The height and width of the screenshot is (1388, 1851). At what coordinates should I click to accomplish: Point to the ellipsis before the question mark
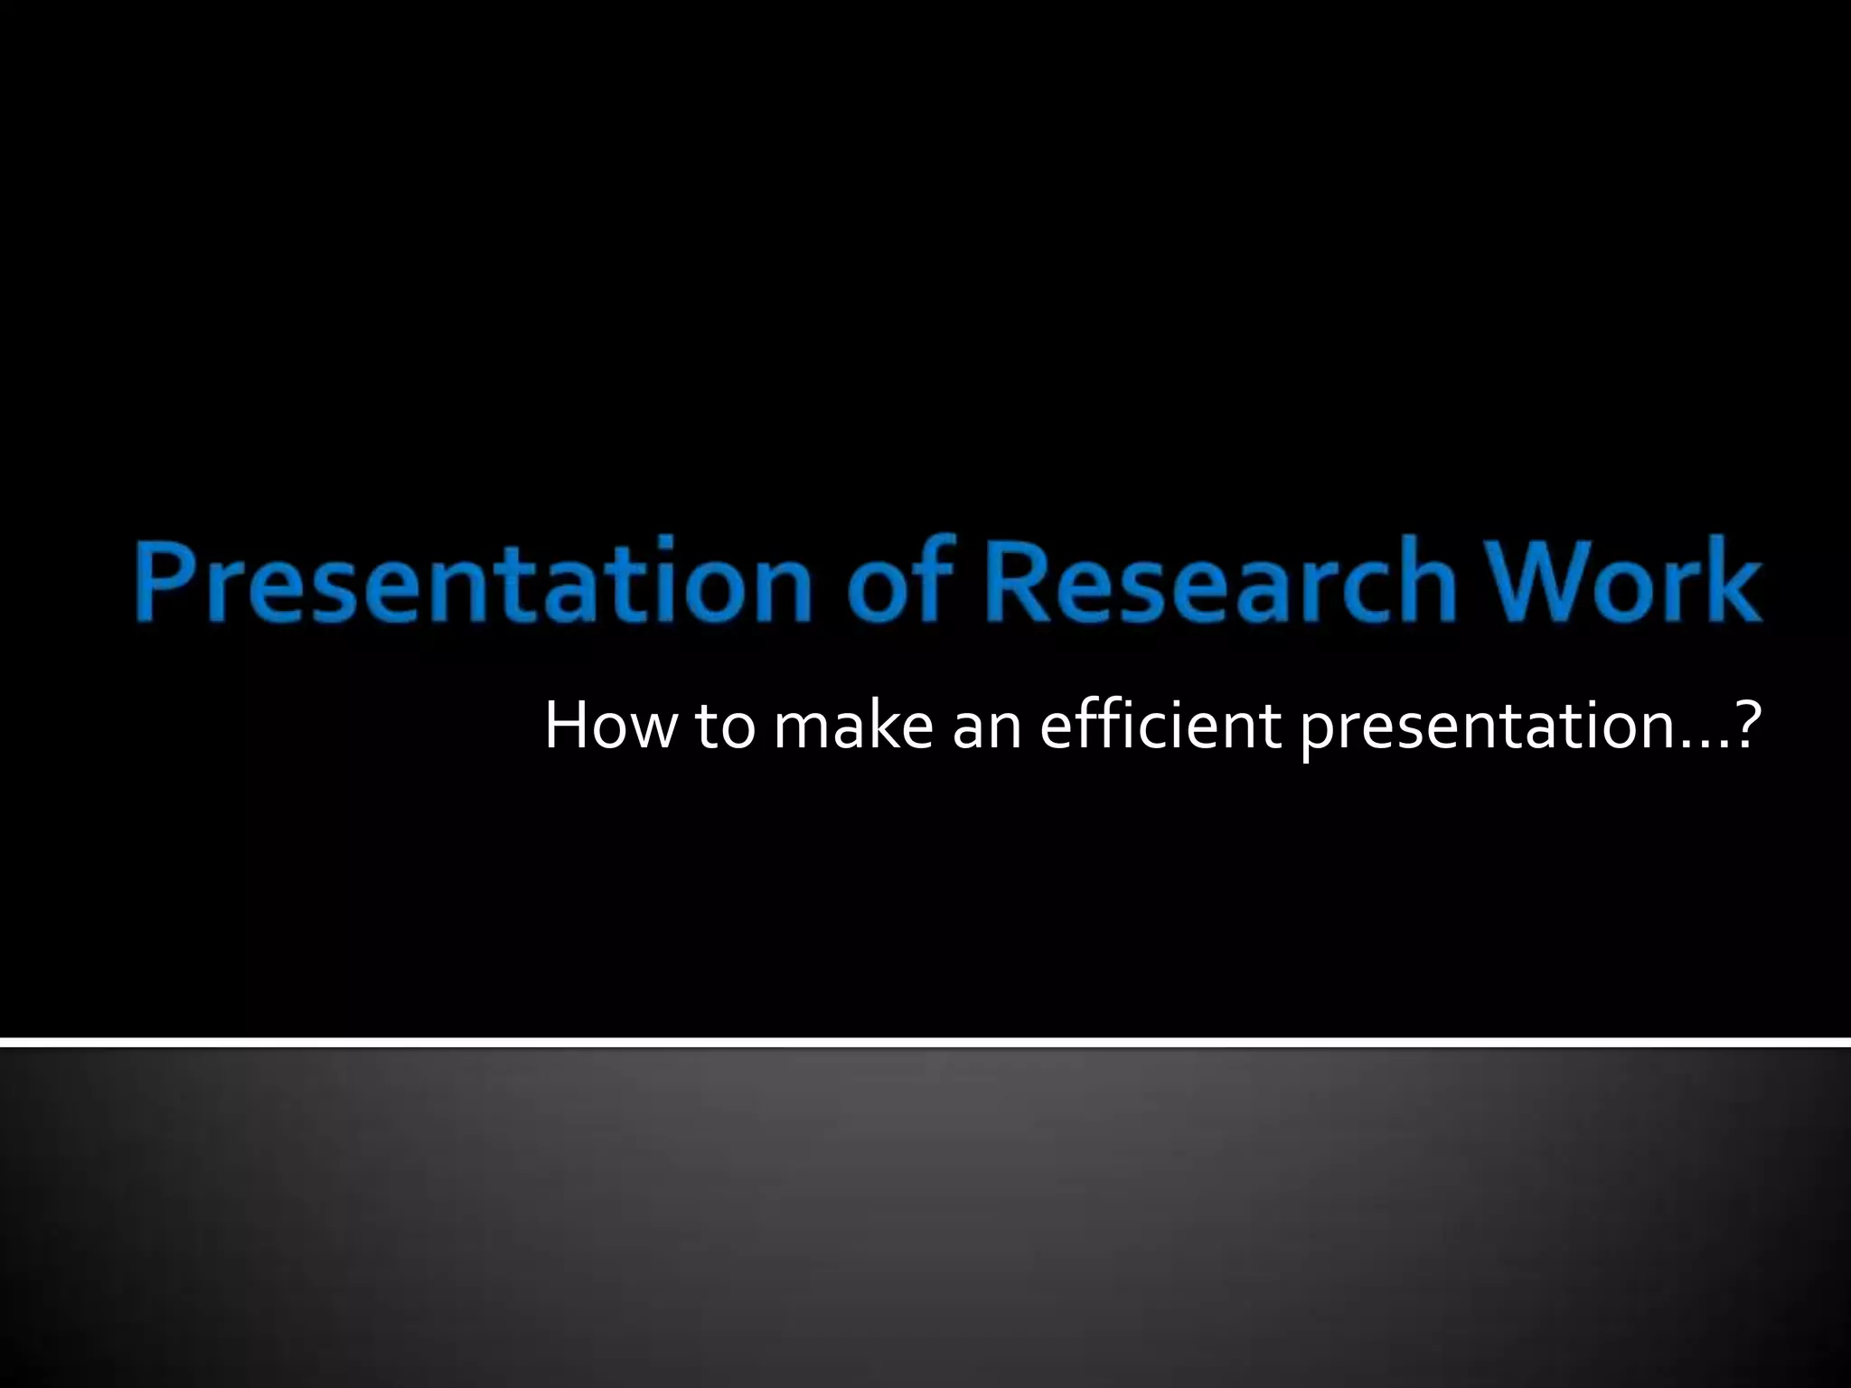coord(1705,746)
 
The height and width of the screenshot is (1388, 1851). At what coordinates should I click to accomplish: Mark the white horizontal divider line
coord(925,1043)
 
